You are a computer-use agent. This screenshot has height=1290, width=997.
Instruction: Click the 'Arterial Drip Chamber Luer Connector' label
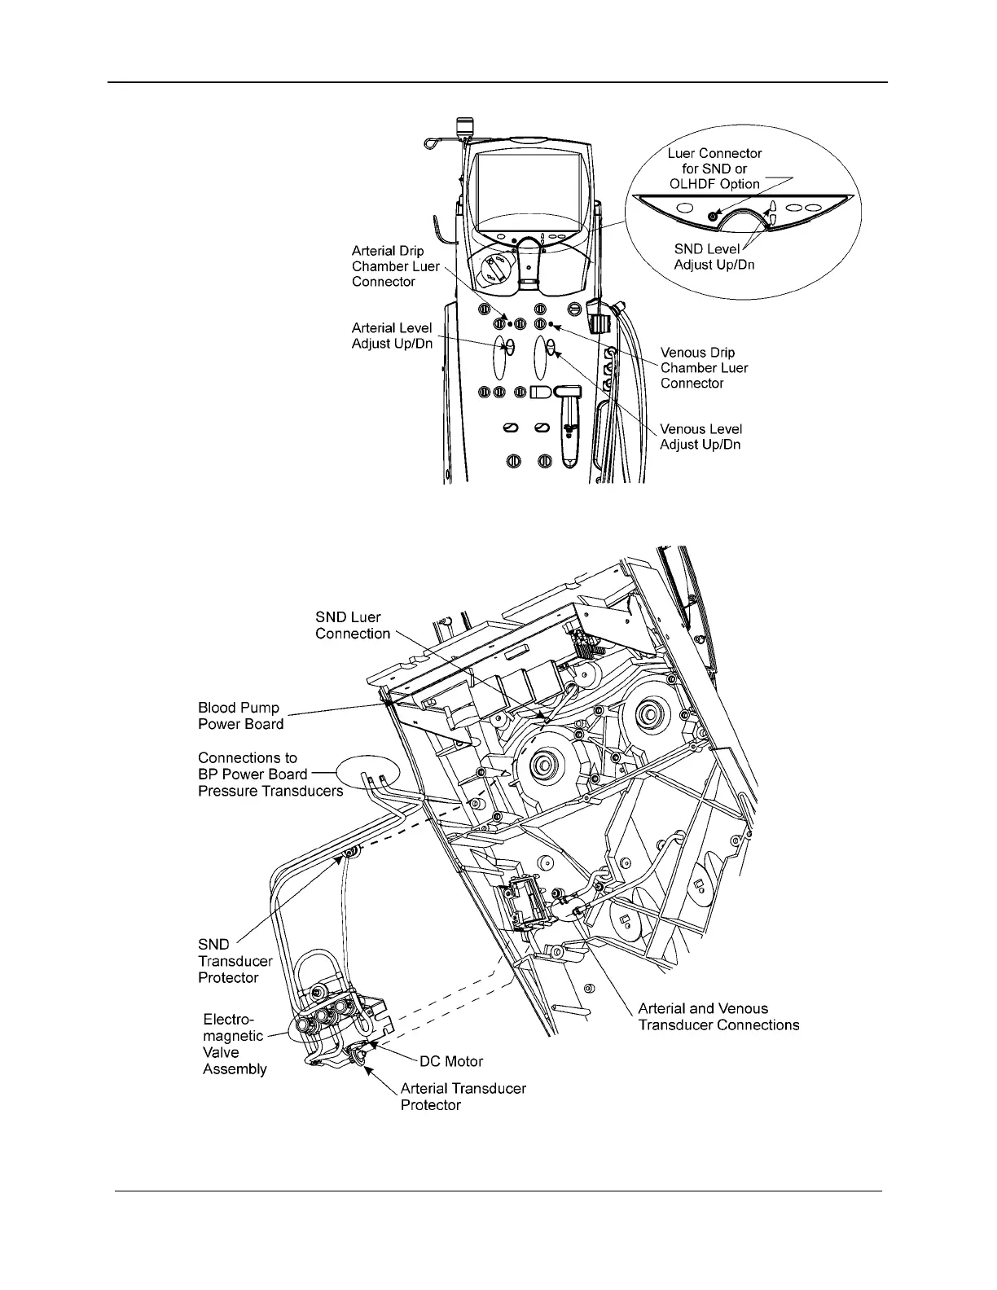[x=395, y=266]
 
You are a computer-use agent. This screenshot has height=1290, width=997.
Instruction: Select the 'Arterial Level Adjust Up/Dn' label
[x=391, y=336]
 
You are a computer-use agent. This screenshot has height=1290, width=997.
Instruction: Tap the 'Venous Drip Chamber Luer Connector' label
[x=704, y=368]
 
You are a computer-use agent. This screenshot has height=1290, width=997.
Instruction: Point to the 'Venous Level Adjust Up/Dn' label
[x=701, y=437]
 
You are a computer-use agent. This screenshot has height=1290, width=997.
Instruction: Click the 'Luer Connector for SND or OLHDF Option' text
[x=714, y=169]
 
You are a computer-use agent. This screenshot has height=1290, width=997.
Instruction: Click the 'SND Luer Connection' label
[x=353, y=625]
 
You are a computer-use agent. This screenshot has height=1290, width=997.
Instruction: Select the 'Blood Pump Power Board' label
[x=241, y=716]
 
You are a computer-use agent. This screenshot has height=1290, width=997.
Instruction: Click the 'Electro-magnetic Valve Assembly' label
[x=234, y=1044]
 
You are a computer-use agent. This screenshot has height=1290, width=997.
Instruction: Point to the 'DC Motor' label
[x=451, y=1061]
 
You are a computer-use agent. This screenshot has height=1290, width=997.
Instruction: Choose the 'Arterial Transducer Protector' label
[x=463, y=1096]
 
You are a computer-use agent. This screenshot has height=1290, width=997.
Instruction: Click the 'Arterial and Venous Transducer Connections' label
[x=718, y=1016]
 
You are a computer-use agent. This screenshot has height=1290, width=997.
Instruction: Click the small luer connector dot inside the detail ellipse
[x=713, y=216]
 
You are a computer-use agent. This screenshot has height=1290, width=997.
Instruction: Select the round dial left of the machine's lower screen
[x=493, y=268]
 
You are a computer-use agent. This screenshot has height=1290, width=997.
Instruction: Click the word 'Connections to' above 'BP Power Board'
[x=248, y=757]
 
